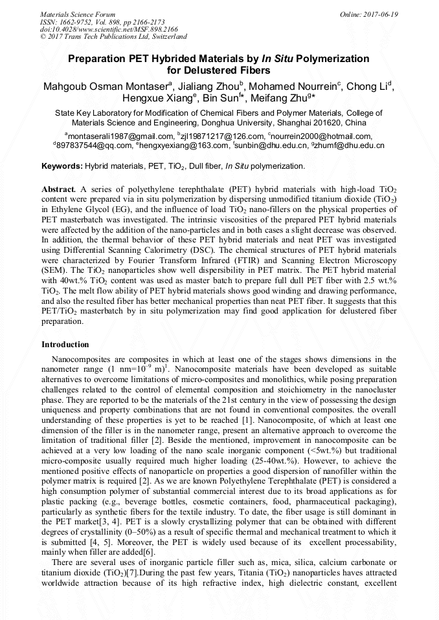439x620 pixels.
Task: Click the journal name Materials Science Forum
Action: pos(78,14)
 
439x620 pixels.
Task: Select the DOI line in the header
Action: pos(109,29)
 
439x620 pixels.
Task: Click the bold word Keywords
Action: pos(62,166)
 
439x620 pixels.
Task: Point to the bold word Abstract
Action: pos(59,188)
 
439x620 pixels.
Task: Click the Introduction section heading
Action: pos(65,345)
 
